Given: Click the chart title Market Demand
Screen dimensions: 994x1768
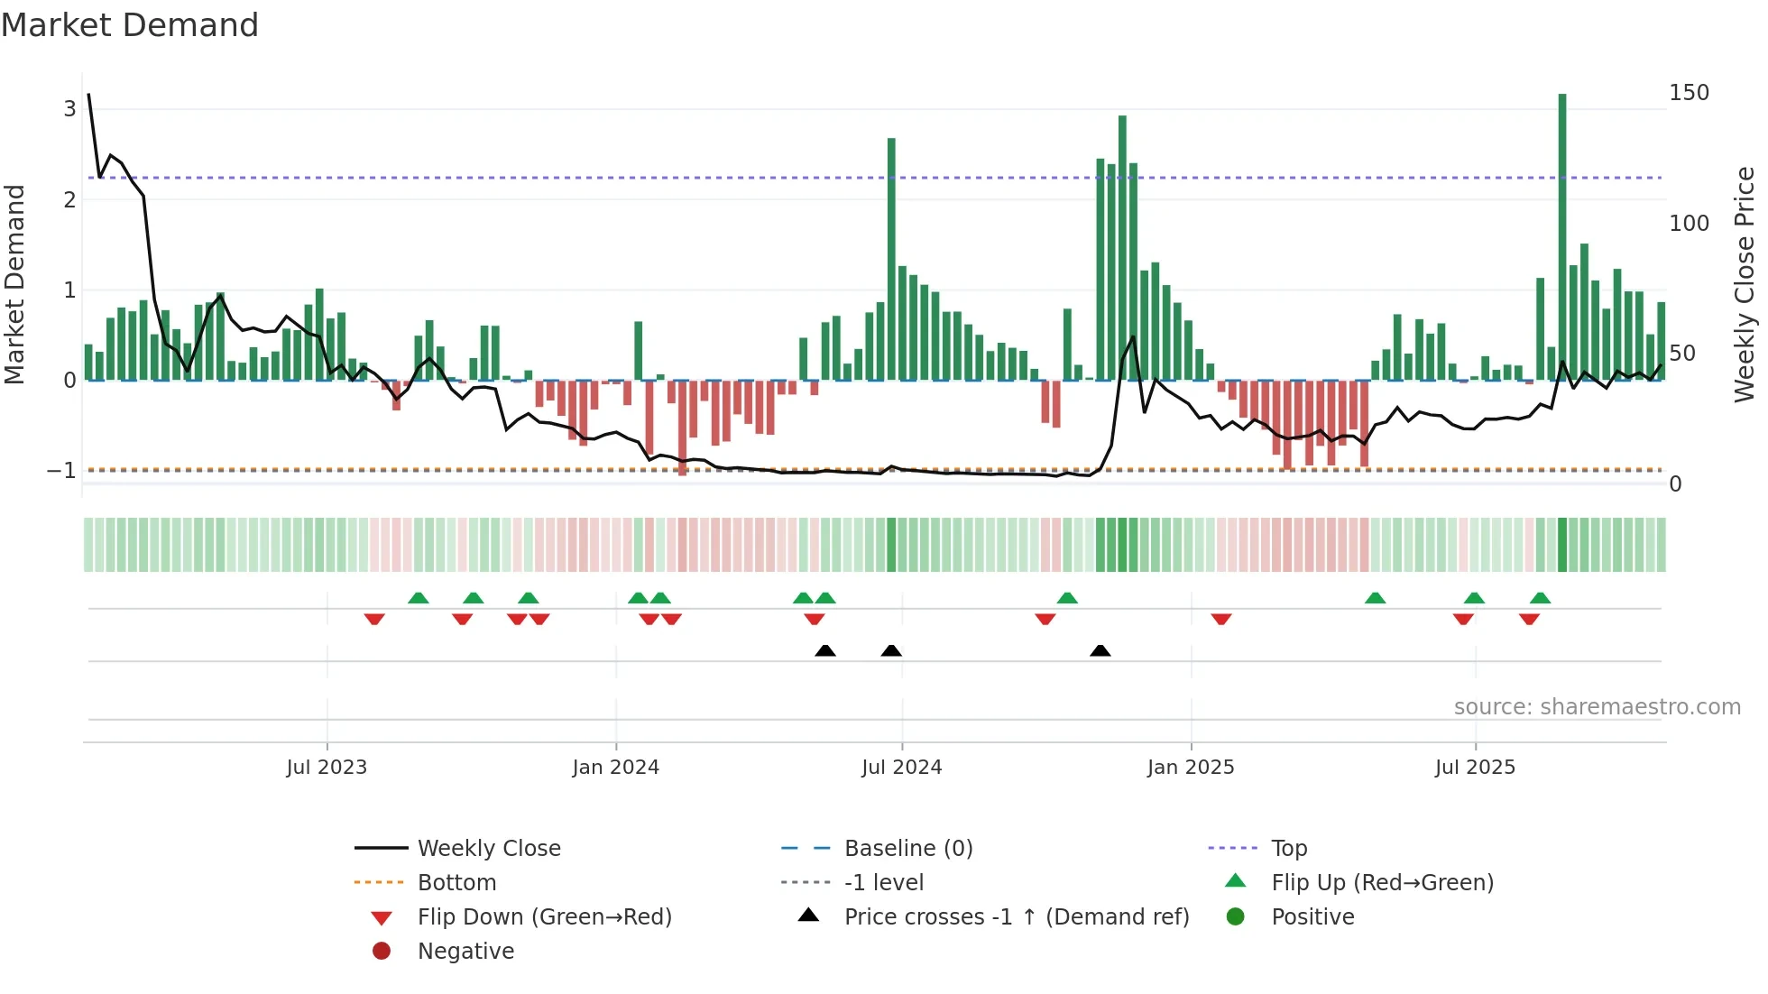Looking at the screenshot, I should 130,25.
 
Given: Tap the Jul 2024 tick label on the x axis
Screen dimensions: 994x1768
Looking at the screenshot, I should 901,768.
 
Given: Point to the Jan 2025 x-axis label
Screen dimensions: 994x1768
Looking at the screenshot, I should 1190,768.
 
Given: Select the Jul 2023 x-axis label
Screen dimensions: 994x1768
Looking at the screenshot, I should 327,768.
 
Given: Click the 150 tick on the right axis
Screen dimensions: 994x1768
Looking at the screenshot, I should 1689,93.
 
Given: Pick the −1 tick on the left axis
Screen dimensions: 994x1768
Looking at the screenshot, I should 62,471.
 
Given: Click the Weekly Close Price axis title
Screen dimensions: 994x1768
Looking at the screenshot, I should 1744,284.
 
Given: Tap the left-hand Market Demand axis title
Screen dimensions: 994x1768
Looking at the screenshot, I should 14,284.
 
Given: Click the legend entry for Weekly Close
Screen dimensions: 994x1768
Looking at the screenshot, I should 488,849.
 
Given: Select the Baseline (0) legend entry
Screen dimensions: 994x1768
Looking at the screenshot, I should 907,849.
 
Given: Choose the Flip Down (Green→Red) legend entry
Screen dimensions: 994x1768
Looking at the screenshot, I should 544,917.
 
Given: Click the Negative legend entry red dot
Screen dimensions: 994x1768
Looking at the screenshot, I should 382,952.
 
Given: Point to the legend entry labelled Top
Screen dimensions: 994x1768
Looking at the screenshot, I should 1288,849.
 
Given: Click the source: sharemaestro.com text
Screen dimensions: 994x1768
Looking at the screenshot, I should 1597,707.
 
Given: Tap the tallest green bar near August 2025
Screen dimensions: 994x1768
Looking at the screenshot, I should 1562,235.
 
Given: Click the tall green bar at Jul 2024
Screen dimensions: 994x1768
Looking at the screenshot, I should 891,262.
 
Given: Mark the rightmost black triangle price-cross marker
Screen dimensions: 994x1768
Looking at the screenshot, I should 1100,651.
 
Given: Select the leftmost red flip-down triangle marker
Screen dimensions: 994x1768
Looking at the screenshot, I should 374,619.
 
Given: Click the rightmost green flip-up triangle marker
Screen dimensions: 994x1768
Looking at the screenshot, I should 1540,598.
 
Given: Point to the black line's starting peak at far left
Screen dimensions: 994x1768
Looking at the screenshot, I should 88,95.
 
